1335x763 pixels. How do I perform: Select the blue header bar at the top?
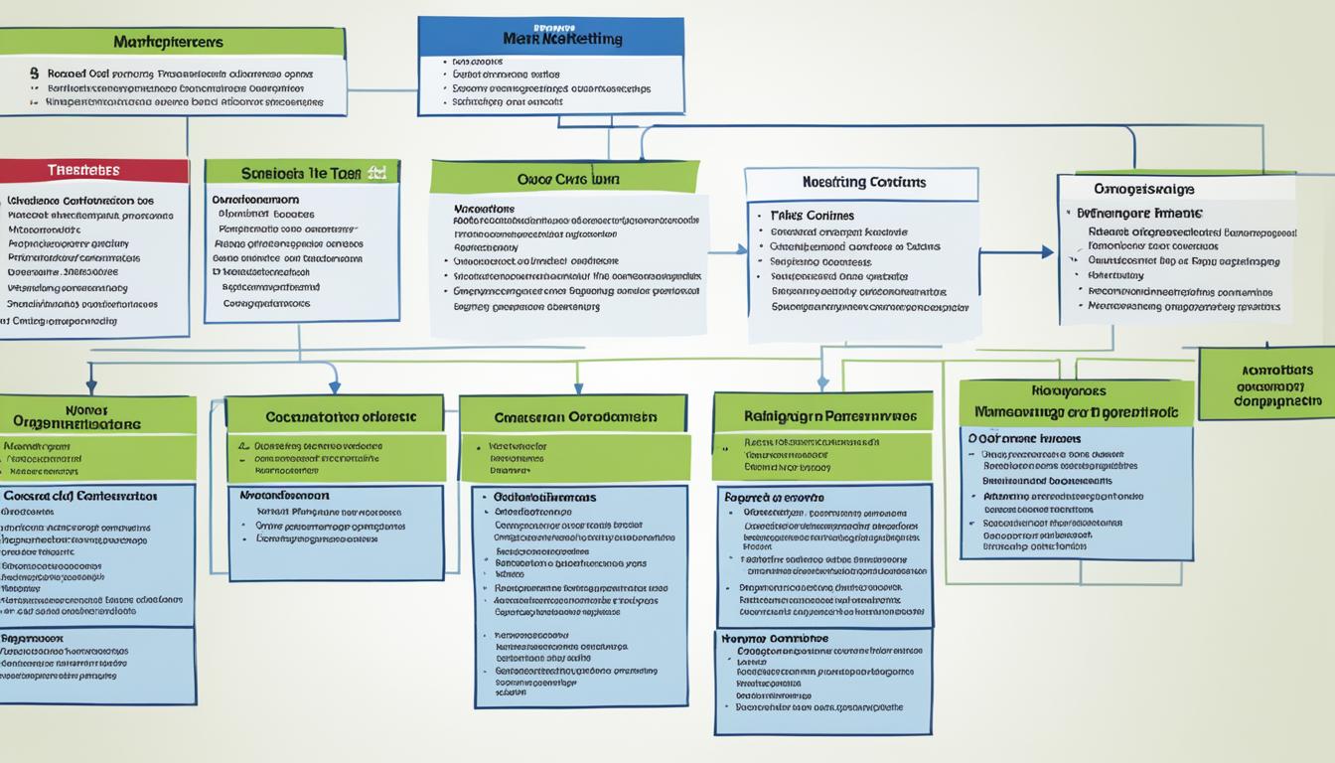pos(550,38)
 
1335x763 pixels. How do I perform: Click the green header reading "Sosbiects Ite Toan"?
pos(301,172)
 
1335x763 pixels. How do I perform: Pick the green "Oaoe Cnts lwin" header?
pos(564,179)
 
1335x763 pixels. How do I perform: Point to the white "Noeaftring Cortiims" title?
pos(861,183)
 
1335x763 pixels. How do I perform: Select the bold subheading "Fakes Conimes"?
pos(812,215)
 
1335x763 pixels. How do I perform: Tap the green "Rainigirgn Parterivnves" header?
pos(822,416)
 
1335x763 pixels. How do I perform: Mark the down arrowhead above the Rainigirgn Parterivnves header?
pos(822,382)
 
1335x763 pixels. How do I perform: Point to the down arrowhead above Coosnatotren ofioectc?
pos(334,385)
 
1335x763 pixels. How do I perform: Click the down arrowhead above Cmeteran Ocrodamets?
pos(577,385)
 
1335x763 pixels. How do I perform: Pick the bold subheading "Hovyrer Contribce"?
pos(774,639)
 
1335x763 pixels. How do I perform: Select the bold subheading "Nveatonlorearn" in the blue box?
pos(284,495)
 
